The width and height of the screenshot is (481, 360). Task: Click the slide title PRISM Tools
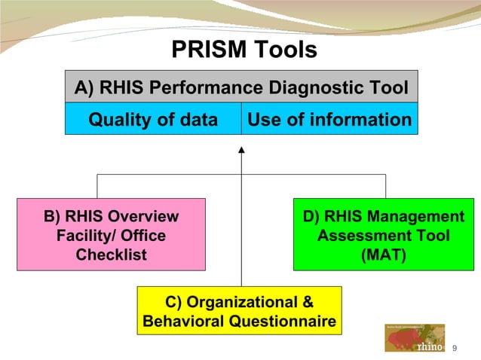[244, 50]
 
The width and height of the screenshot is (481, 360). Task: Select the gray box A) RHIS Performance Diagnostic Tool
[241, 88]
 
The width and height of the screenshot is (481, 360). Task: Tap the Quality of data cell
[153, 120]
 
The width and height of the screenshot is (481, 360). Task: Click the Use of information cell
[329, 120]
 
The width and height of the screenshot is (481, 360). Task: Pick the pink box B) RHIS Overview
[111, 234]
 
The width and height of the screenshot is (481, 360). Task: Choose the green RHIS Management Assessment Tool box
[383, 234]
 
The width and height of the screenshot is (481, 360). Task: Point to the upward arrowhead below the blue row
[241, 151]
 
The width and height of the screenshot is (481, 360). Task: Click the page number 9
[455, 347]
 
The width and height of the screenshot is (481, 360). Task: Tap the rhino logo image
[415, 338]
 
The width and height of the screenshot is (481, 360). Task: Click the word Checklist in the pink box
[112, 255]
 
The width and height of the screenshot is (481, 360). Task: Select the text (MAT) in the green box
[383, 255]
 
